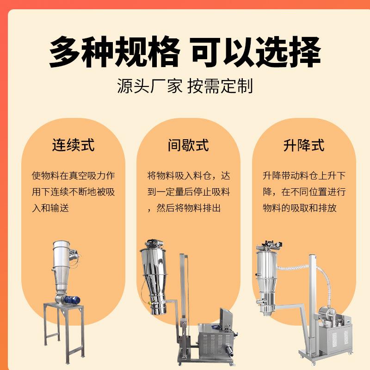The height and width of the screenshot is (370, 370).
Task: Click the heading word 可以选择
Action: coord(256,52)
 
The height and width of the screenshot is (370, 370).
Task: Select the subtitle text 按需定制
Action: coord(220,86)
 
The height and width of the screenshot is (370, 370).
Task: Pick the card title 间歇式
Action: coord(188,145)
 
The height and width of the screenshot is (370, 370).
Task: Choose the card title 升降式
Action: coord(304,145)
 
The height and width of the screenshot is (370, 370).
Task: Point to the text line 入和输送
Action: coord(50,208)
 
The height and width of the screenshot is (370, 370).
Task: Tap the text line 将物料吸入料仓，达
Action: coord(188,176)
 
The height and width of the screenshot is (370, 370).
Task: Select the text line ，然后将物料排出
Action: coord(184,208)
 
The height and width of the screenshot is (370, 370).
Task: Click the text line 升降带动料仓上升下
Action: coord(304,176)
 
